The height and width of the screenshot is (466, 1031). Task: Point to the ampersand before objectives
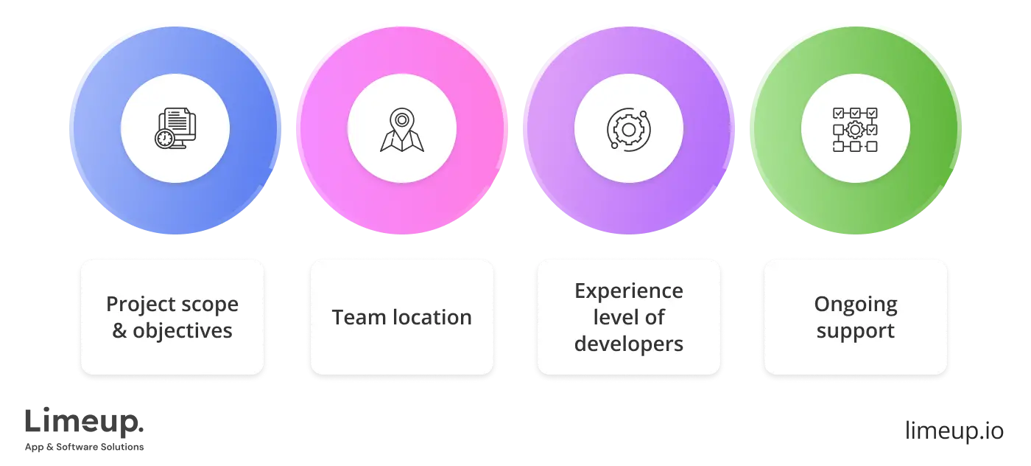coord(119,331)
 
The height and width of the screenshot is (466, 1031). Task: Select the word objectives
coord(183,331)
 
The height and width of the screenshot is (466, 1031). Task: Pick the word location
coord(430,318)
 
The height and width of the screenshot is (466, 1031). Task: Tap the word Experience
coord(629,291)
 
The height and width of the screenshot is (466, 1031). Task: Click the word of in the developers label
coord(655,318)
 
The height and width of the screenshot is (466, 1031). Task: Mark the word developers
coord(629,344)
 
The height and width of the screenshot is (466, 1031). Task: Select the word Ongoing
coord(856,305)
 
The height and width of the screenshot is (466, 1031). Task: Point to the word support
coord(856,331)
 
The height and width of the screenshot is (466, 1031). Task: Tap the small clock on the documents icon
coord(164,139)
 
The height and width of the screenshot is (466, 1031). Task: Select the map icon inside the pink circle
coord(402,131)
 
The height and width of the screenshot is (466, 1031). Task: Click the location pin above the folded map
coord(402,119)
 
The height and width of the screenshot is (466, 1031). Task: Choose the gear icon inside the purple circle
coord(629,130)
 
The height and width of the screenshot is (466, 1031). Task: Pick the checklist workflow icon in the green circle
coord(855,130)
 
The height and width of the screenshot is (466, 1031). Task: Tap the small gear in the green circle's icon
coord(854,131)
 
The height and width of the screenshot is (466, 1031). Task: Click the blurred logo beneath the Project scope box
coord(85,428)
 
